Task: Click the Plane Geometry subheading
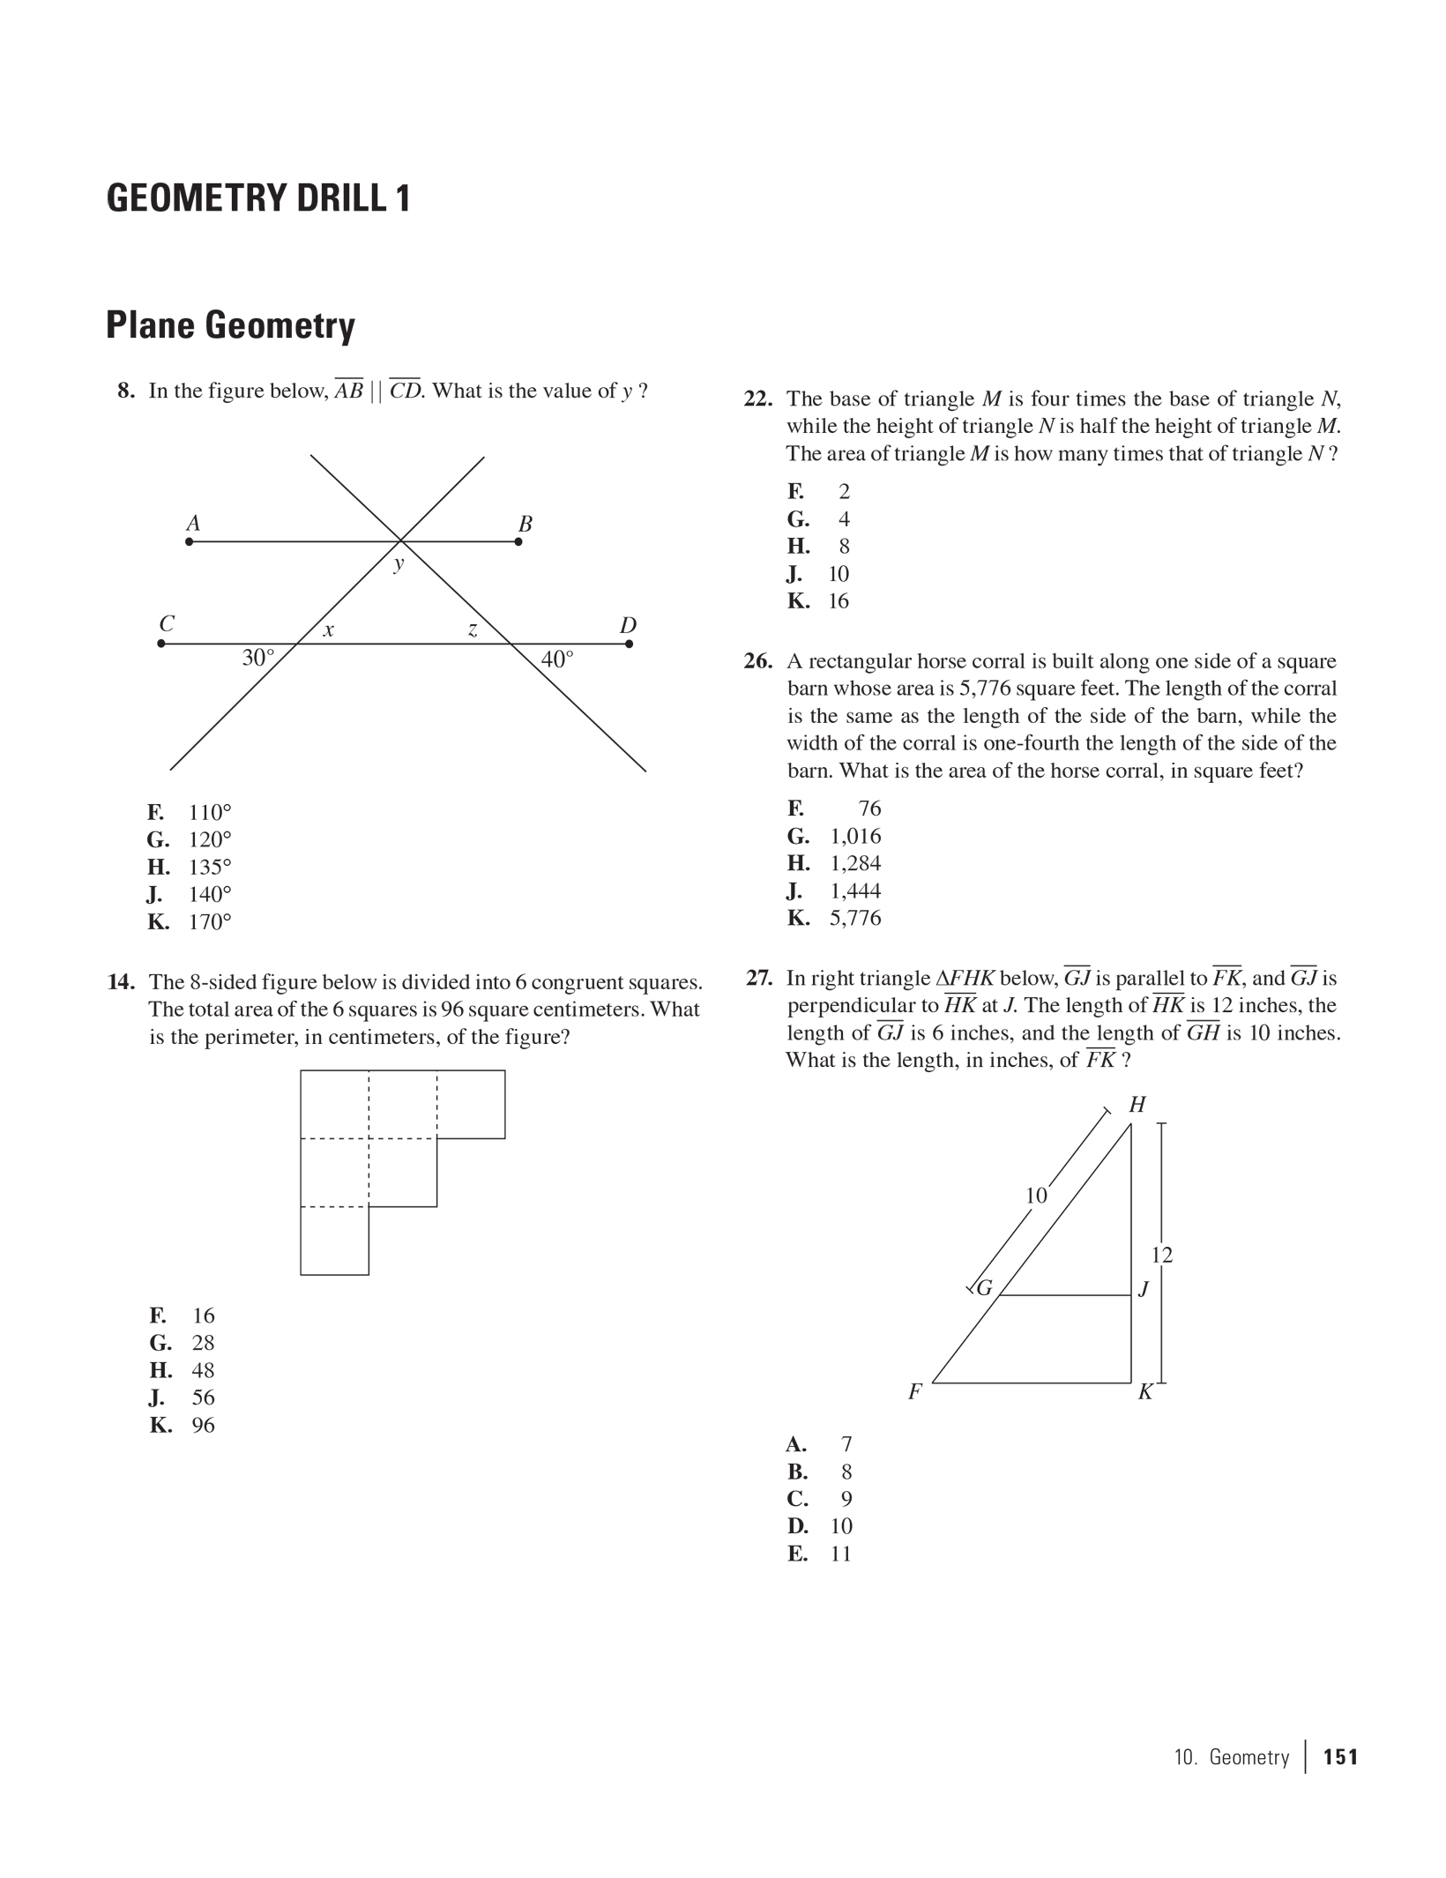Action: (x=230, y=325)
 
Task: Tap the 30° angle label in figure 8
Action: (x=258, y=659)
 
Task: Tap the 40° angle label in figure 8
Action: (x=557, y=660)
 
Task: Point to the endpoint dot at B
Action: (x=518, y=541)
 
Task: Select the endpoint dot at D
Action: (x=629, y=644)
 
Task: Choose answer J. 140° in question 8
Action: (x=190, y=895)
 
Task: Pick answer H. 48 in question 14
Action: (x=183, y=1370)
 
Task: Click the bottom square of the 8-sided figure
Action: (x=334, y=1241)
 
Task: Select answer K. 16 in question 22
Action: (x=818, y=601)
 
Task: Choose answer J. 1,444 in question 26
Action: (x=834, y=891)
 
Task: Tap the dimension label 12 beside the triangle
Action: (x=1162, y=1256)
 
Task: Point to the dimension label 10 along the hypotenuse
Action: (x=1036, y=1196)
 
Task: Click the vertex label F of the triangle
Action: (x=915, y=1392)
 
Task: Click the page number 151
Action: (x=1340, y=1757)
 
